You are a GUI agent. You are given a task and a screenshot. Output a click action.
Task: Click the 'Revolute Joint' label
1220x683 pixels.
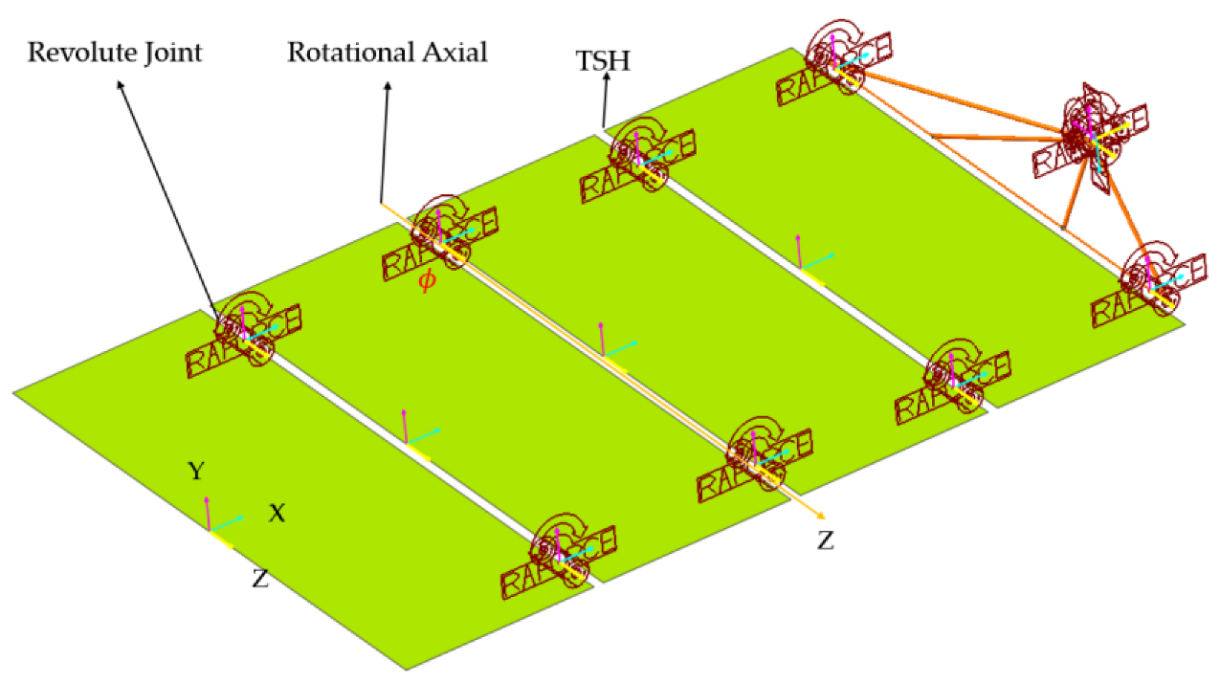point(114,52)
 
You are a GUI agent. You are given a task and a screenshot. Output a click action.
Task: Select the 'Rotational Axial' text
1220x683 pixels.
point(388,52)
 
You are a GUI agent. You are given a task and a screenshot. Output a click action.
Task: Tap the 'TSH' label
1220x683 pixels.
point(603,62)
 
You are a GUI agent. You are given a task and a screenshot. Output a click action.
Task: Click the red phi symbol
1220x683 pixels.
point(427,283)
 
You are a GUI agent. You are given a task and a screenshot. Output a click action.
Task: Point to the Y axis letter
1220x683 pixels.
point(195,471)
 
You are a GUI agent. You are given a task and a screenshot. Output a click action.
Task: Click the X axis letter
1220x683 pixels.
point(277,514)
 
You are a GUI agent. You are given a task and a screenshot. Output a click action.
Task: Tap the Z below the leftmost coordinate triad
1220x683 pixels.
point(259,578)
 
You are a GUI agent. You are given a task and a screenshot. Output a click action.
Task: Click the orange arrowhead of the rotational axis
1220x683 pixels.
point(814,516)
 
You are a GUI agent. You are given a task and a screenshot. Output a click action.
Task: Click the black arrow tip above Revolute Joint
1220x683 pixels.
point(120,84)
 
